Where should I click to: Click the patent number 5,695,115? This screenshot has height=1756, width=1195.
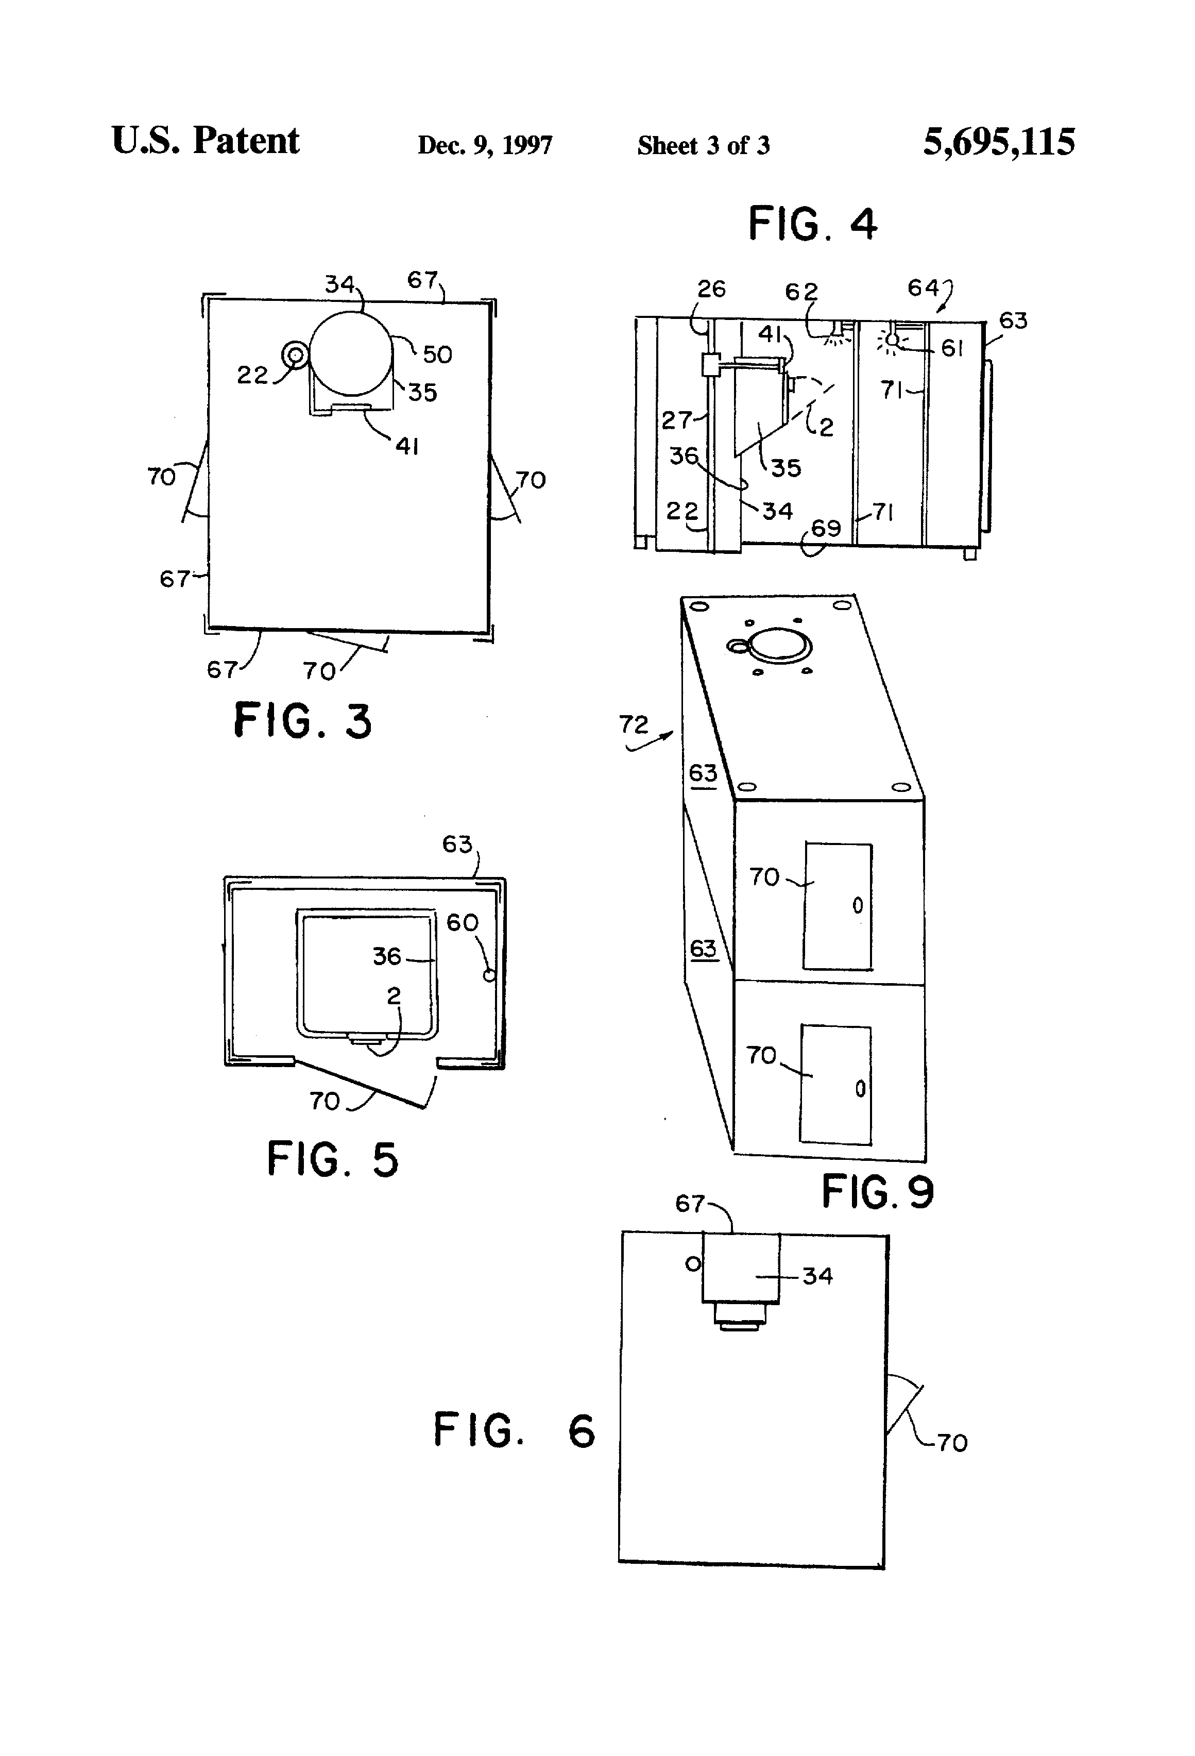[x=999, y=142]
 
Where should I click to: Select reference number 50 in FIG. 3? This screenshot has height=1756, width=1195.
[x=437, y=354]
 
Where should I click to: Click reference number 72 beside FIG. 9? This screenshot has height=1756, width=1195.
[x=634, y=724]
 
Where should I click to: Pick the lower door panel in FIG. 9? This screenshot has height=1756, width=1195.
[x=835, y=1085]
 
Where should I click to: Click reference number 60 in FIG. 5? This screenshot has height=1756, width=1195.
[x=462, y=923]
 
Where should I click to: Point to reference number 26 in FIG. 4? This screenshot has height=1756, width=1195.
[x=711, y=289]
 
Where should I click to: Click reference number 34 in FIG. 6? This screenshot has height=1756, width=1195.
[x=817, y=1276]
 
